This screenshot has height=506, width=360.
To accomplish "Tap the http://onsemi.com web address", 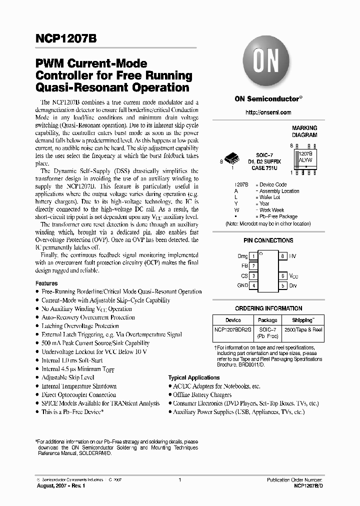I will pos(268,112).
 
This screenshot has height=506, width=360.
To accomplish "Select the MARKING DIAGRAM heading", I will pos(304,131).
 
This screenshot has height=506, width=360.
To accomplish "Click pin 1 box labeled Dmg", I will pos(254,256).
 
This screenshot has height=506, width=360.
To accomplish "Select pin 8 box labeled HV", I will pos(283,256).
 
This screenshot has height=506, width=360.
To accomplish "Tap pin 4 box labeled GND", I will pos(254,285).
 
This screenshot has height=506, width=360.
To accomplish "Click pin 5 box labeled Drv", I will pos(283,285).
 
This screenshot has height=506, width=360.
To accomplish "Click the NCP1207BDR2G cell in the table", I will pos(233,330).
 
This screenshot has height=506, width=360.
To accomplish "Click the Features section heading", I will pos(46,283).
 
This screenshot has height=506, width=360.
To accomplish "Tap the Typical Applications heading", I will pos(193,377).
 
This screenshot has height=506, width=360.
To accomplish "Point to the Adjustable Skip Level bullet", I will pos(67,377).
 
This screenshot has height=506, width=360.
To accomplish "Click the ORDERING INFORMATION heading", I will pos(268,308).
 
